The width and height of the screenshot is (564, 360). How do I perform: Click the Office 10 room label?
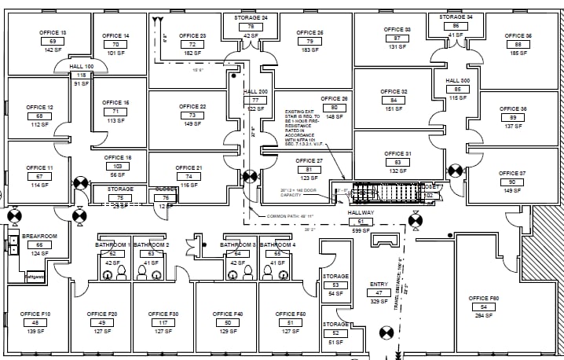coord(53,32)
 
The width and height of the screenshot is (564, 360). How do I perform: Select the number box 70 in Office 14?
coord(115,44)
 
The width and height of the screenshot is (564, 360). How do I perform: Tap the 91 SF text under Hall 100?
coord(82,83)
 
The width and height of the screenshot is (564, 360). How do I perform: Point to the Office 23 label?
coord(192,36)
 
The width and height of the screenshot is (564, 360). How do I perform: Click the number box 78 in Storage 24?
coord(251,26)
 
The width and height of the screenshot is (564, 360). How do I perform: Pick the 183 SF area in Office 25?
coord(310,50)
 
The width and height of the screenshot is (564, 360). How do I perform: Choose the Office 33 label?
coord(397,29)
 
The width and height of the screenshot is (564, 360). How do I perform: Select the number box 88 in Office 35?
coord(518,44)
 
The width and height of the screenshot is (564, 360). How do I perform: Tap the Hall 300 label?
coord(457,80)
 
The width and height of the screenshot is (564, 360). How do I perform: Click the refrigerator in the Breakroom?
coord(34,277)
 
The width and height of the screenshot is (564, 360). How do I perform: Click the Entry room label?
coord(378,284)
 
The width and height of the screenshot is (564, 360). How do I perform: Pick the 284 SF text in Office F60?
coord(484,315)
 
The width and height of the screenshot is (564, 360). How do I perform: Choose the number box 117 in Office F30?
coord(163,323)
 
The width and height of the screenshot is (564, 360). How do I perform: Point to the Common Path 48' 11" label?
coord(291,216)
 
